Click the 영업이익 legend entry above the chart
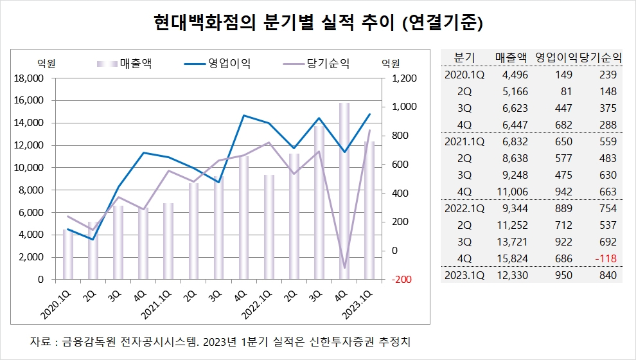[218, 63]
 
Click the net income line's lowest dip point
[344, 267]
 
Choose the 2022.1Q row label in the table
[464, 208]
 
